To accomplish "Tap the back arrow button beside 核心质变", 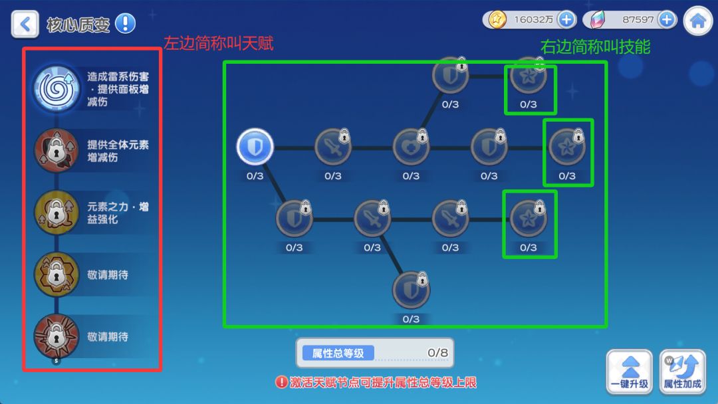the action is pyautogui.click(x=25, y=24).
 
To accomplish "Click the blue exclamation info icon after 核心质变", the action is pyautogui.click(x=125, y=23).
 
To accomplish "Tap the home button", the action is pyautogui.click(x=698, y=21).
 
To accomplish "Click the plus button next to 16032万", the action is pyautogui.click(x=566, y=20).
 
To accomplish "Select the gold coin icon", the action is pyautogui.click(x=497, y=20).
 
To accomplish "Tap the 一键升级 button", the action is pyautogui.click(x=630, y=372).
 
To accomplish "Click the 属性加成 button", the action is pyautogui.click(x=682, y=372).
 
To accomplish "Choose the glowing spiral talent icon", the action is pyautogui.click(x=57, y=88).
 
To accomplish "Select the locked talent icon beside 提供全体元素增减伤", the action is pyautogui.click(x=57, y=151).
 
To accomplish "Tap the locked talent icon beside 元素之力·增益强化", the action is pyautogui.click(x=57, y=213).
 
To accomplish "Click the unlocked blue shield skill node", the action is pyautogui.click(x=255, y=147).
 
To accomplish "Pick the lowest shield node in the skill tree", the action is pyautogui.click(x=412, y=290).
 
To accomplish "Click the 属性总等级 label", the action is pyautogui.click(x=338, y=353).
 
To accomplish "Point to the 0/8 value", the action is pyautogui.click(x=437, y=353).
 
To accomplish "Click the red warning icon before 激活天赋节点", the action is pyautogui.click(x=281, y=382).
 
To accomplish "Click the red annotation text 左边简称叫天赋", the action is pyautogui.click(x=219, y=43).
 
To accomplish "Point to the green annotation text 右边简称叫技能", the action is pyautogui.click(x=595, y=47).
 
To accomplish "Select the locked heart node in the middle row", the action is pyautogui.click(x=412, y=147).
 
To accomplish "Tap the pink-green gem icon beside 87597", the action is pyautogui.click(x=598, y=20).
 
